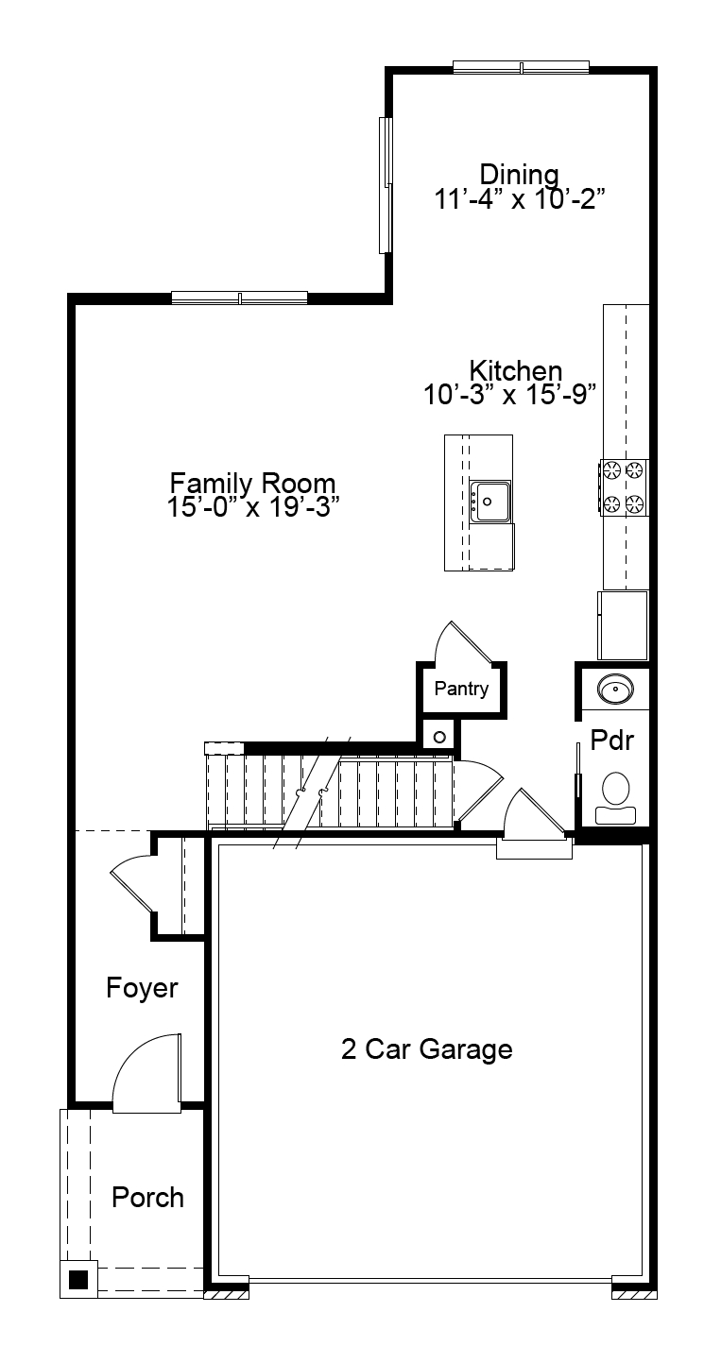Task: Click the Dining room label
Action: coord(520,174)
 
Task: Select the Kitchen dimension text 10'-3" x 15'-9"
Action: coord(510,395)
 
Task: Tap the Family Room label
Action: coord(252,483)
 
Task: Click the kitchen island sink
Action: coord(490,502)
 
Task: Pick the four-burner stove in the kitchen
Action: coord(624,487)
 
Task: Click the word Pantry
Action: coord(462,689)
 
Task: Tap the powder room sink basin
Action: coord(615,689)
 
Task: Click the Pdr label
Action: coord(612,741)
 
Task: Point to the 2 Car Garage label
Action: coord(427,1049)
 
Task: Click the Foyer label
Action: coord(142,988)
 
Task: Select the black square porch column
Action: coord(78,1281)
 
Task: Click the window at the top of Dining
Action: coord(521,67)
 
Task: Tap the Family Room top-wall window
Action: coord(239,298)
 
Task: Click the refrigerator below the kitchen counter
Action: coord(623,625)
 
